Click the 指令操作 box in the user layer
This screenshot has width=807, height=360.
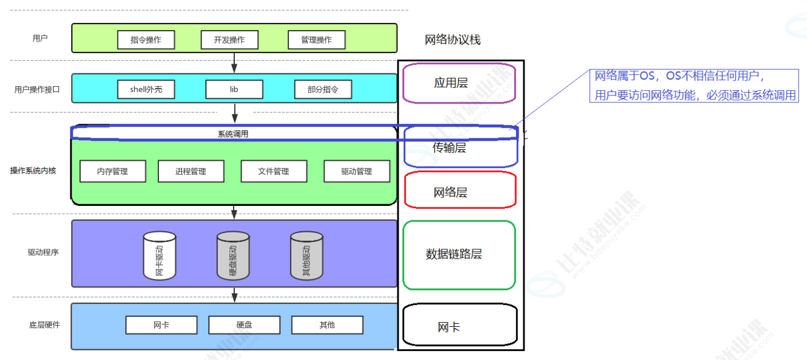[146, 40]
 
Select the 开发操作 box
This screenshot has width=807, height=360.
[229, 40]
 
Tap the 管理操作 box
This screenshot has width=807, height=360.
[316, 40]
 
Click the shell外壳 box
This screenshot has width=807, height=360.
[146, 90]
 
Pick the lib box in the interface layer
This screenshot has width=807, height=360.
[234, 90]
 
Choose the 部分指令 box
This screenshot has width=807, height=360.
[323, 90]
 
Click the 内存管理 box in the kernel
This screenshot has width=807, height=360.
[113, 172]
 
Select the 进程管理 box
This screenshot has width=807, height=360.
[191, 172]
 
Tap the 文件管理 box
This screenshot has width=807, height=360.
[273, 172]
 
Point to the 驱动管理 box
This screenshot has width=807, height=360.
[357, 172]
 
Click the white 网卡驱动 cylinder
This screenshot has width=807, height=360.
[160, 256]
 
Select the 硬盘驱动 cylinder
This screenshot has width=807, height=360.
[233, 256]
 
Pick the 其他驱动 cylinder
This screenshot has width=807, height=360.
[307, 256]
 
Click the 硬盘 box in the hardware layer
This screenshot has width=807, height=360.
[244, 325]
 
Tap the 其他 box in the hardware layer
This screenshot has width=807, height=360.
[327, 325]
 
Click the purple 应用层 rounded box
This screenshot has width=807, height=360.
[460, 83]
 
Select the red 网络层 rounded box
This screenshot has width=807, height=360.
[460, 192]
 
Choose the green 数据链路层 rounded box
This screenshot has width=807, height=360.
[459, 254]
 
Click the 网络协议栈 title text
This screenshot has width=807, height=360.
[453, 40]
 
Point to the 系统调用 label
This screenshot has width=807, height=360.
[233, 134]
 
